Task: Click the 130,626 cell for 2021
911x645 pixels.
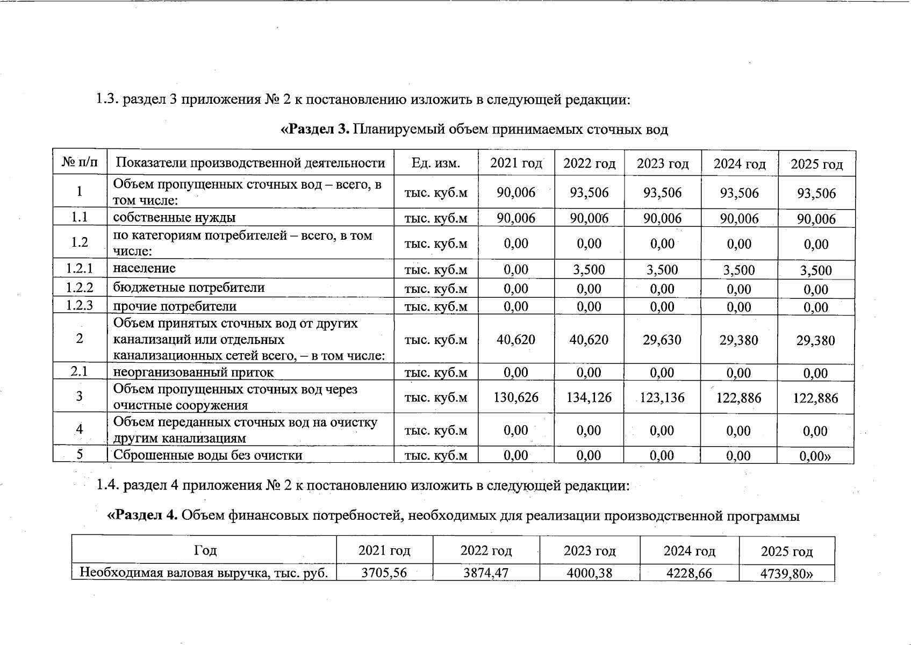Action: point(515,398)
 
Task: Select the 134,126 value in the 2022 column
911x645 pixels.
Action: point(589,398)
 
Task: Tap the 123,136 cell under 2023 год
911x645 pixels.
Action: point(662,398)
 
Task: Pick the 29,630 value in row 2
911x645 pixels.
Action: point(662,340)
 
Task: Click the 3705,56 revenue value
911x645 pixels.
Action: point(384,573)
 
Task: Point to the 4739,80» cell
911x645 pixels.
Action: point(786,574)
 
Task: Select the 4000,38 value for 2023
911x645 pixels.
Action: point(589,573)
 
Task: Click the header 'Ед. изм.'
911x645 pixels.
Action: point(435,163)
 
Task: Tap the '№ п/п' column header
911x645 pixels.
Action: point(80,163)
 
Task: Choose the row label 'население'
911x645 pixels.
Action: point(144,268)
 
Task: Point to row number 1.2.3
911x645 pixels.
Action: point(80,306)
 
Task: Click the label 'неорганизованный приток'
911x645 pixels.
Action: point(193,372)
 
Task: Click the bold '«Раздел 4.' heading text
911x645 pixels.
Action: point(142,516)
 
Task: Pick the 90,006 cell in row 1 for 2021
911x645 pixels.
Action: point(515,193)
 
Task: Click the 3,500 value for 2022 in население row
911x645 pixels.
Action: point(589,270)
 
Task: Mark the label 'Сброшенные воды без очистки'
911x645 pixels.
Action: point(207,455)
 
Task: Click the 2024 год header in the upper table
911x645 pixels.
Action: point(739,164)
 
